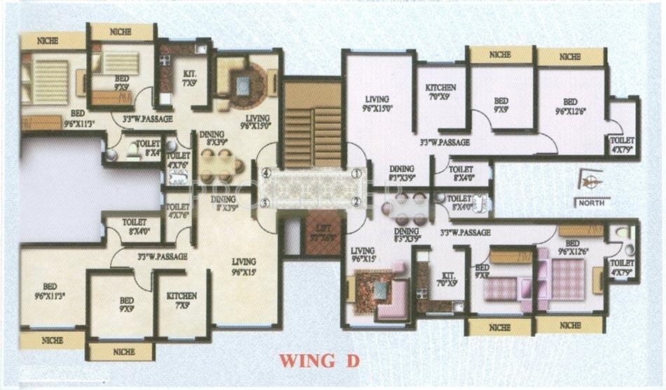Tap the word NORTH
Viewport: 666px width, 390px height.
click(x=592, y=203)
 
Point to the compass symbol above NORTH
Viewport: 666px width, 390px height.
click(x=590, y=181)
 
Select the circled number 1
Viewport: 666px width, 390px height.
click(x=356, y=173)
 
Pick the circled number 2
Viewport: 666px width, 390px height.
click(x=356, y=202)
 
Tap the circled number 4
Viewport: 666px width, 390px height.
click(x=266, y=173)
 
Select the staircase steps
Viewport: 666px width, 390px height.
click(x=313, y=126)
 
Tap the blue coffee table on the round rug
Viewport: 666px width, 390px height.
click(x=243, y=86)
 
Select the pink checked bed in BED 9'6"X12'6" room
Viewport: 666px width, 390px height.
click(x=567, y=279)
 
